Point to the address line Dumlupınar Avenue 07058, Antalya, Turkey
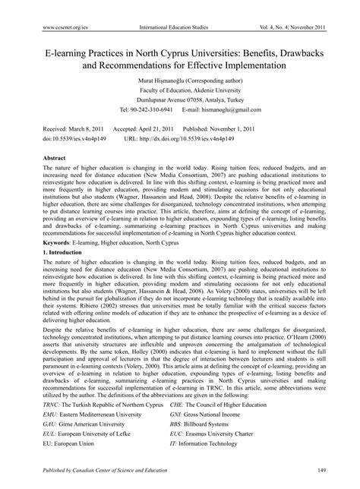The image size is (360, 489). tap(179, 100)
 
